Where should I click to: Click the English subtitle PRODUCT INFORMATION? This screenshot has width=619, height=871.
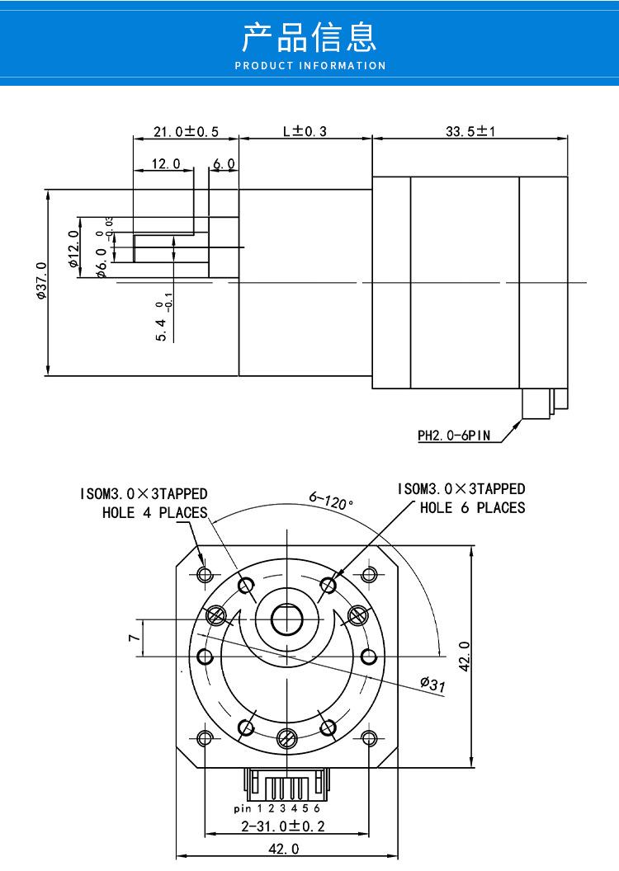coord(310,65)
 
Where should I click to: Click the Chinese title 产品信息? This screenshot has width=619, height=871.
coord(309,37)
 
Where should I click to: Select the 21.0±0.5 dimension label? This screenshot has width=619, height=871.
coord(187,132)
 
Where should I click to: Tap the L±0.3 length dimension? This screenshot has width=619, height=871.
coord(305,131)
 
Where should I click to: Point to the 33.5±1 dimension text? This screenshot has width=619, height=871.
coord(470,131)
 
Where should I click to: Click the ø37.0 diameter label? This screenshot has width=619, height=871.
coord(42,280)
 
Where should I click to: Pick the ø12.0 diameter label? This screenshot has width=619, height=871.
coord(74,249)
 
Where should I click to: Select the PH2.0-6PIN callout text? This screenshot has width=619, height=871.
coord(454,435)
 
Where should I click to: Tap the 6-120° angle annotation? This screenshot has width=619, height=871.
coord(331,501)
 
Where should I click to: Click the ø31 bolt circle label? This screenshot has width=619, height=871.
coord(432,684)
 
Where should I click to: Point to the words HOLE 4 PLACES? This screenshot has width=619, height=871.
coord(154,512)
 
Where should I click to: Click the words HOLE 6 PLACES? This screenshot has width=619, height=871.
coord(472,507)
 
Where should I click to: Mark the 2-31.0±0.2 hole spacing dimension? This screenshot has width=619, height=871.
coord(283,826)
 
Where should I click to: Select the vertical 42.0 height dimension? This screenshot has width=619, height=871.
coord(465,656)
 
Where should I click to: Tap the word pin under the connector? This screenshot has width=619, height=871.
coord(243,808)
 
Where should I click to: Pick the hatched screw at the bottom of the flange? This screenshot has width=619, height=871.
coord(286,738)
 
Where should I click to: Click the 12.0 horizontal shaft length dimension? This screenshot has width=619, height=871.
coord(166,163)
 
